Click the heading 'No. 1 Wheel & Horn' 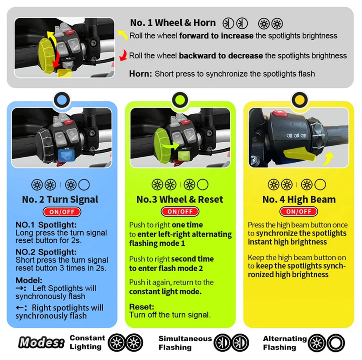pyautogui.click(x=173, y=23)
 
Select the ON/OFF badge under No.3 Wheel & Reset pyautogui.click(x=180, y=212)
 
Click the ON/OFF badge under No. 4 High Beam pyautogui.click(x=299, y=212)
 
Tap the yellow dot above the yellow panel pyautogui.click(x=299, y=100)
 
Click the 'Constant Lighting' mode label pyautogui.click(x=87, y=342)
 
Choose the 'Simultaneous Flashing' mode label pyautogui.click(x=185, y=343)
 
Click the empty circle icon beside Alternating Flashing pyautogui.click(x=336, y=343)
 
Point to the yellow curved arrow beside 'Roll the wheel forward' pyautogui.click(x=122, y=35)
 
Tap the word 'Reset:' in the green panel pyautogui.click(x=141, y=307)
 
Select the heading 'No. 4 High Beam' pyautogui.click(x=299, y=199)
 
